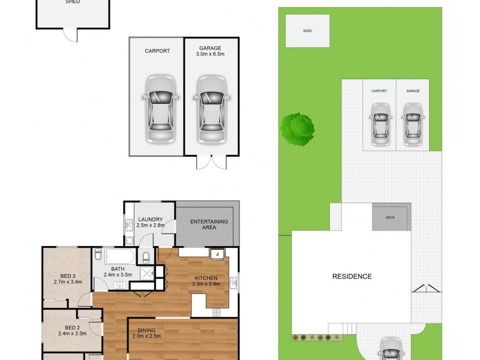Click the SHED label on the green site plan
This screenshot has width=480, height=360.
(x=307, y=31)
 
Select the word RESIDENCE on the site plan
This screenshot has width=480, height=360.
(x=352, y=277)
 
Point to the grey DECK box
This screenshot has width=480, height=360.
(x=391, y=217)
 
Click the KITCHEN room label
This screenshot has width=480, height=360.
(x=205, y=278)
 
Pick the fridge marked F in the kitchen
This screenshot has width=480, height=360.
(x=217, y=254)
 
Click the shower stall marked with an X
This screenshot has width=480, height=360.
(x=146, y=273)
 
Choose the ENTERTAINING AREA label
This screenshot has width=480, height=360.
(x=209, y=224)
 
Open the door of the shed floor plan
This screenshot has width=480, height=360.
(x=71, y=35)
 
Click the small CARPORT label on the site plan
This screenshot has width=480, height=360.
(x=379, y=91)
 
